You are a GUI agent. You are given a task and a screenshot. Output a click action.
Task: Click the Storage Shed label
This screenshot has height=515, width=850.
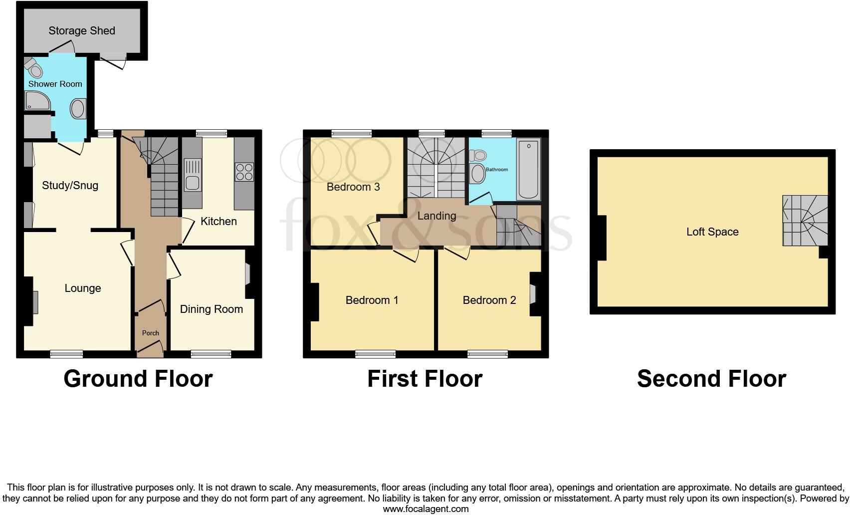tap(82, 31)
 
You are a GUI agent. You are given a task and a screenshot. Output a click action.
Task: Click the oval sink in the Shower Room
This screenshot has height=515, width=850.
tap(78, 108)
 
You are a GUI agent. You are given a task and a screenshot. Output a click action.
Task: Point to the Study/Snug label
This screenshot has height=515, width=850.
tap(70, 186)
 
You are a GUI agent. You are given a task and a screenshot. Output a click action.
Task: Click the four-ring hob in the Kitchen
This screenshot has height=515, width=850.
tap(244, 172)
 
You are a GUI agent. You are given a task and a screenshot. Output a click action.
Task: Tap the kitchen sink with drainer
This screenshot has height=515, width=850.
tap(193, 175)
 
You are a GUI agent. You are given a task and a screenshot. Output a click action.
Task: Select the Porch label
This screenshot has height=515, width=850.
tap(150, 333)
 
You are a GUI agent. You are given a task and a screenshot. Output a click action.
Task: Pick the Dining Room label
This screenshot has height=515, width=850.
tap(212, 309)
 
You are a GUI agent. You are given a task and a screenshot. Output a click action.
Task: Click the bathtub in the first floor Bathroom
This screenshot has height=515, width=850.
tap(528, 170)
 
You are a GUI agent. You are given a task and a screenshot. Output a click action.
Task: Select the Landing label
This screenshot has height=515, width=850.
tap(436, 216)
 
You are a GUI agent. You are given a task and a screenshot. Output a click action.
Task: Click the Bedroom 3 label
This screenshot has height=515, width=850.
tap(353, 187)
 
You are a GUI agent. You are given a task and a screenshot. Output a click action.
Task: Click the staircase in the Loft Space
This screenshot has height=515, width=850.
tap(804, 220)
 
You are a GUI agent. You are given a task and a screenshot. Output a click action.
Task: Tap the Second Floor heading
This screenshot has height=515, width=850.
tap(711, 379)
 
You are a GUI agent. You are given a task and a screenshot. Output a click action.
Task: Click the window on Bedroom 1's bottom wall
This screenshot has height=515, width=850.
tap(375, 354)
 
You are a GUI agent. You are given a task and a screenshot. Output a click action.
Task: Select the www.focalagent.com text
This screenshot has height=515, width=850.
tap(425, 509)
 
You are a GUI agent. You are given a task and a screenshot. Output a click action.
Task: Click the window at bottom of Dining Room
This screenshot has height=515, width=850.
tap(211, 354)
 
